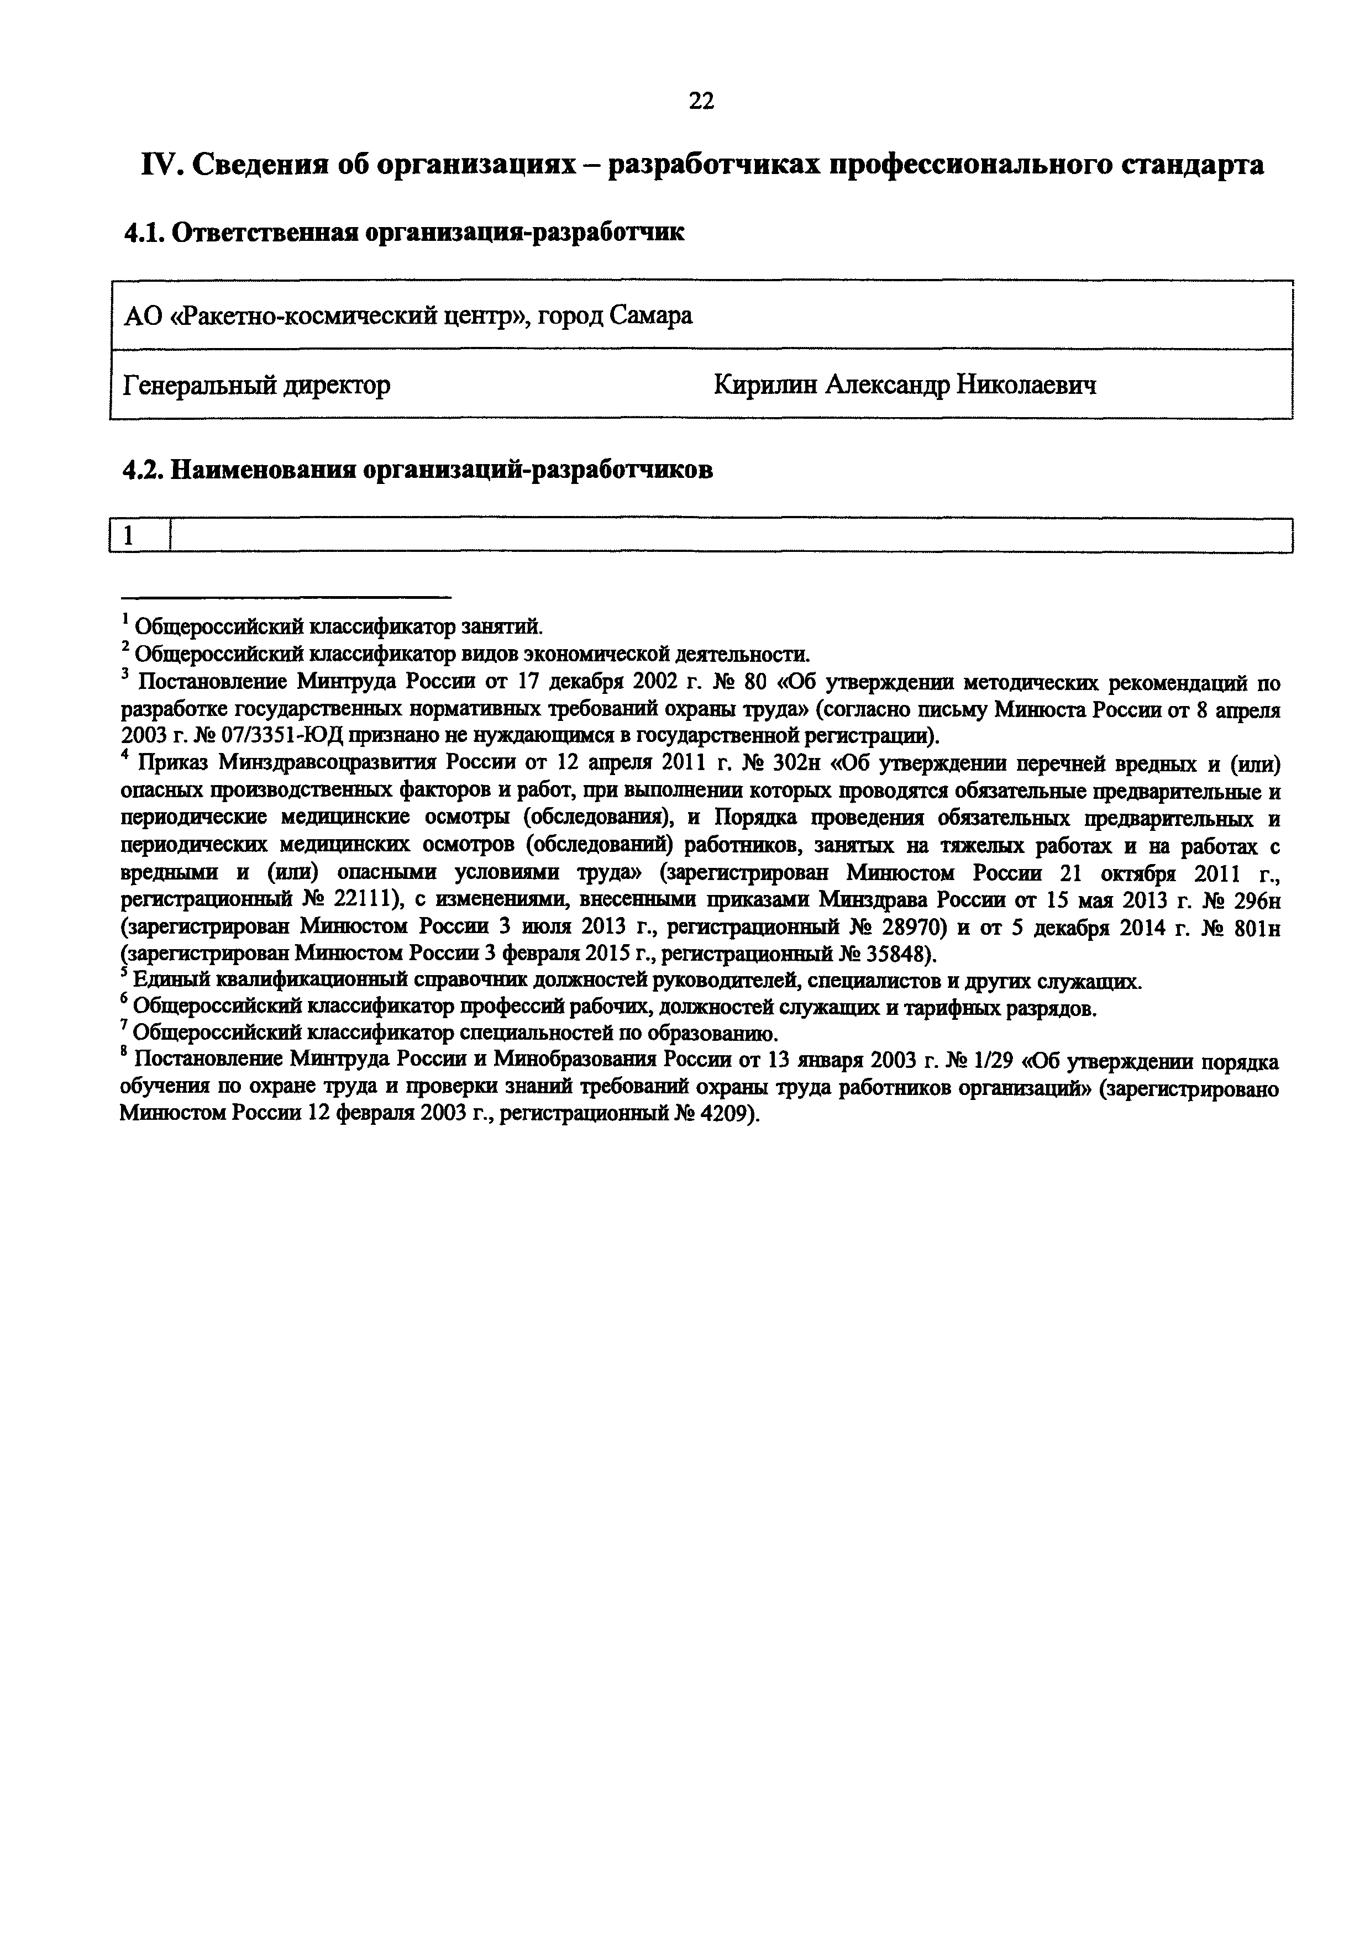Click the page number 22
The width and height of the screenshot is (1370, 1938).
click(x=701, y=101)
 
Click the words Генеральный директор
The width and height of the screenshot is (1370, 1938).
click(x=256, y=386)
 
